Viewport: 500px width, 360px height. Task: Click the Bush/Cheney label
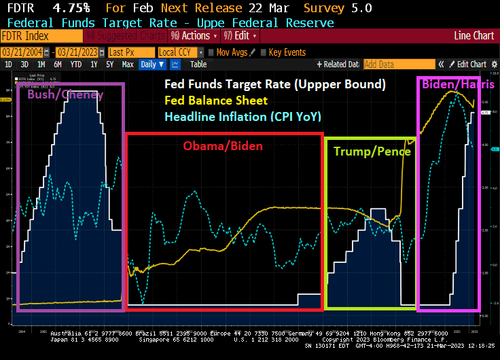65,95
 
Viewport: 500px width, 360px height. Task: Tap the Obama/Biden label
222,145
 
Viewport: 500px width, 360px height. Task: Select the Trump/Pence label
372,151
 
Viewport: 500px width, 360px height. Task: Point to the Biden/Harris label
458,85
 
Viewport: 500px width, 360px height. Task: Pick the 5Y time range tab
109,65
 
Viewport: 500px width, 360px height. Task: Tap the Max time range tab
127,65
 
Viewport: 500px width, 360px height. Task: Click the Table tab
198,65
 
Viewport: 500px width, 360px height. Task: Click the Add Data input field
389,65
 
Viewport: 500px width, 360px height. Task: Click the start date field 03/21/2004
26,52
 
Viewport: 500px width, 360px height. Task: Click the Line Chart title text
474,36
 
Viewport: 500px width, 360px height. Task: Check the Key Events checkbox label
287,52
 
